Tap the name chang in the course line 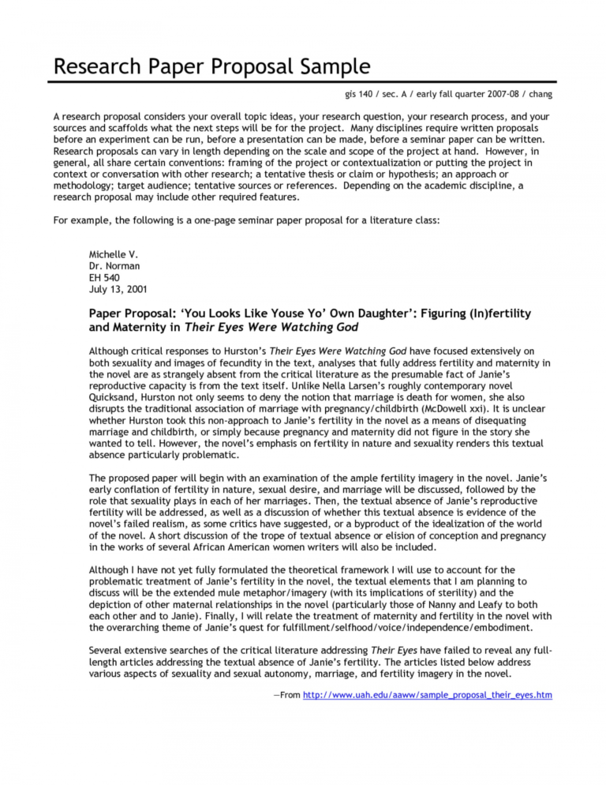536,95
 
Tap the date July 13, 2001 118,290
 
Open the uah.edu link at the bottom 427,695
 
